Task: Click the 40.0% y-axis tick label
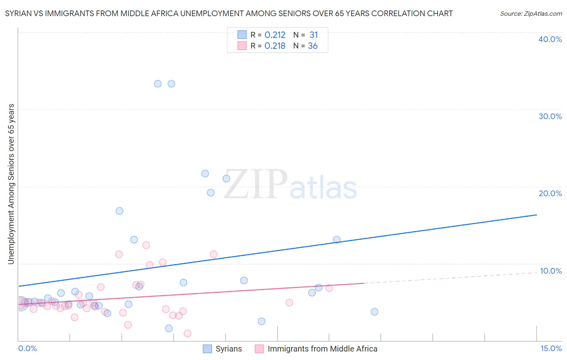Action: (550, 39)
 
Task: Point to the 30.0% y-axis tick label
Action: (550, 116)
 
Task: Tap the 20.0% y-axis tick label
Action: (550, 193)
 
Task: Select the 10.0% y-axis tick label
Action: (551, 271)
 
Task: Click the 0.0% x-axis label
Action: (27, 349)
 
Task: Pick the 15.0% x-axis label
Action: (551, 349)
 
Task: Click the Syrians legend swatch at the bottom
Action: (207, 349)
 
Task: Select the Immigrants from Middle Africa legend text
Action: (322, 349)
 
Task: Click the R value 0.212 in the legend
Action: (275, 35)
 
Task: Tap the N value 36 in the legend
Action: (313, 46)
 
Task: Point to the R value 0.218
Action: (275, 46)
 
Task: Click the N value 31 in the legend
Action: (313, 35)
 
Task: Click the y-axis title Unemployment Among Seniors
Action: (11, 184)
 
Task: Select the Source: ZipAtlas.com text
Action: (531, 14)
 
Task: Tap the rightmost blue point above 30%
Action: (171, 84)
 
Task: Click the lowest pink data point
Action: (187, 333)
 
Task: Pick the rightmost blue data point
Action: (374, 312)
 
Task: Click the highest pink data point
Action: (146, 245)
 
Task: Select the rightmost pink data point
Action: (329, 288)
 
